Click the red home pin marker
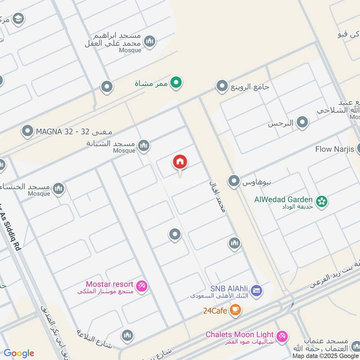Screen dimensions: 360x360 180,163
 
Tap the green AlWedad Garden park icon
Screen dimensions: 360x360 321,202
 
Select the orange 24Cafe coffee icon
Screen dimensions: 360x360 235,310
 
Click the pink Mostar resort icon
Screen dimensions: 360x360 142,286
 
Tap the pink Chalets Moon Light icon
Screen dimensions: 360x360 282,336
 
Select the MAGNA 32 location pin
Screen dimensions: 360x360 28,131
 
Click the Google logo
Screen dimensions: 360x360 19,353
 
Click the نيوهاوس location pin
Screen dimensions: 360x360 234,181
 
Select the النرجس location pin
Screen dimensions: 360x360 302,122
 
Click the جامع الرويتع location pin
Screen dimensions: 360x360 222,85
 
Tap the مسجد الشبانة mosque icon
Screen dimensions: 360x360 144,145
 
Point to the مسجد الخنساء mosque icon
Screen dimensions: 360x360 58,189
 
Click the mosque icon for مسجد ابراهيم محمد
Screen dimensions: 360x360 150,42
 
